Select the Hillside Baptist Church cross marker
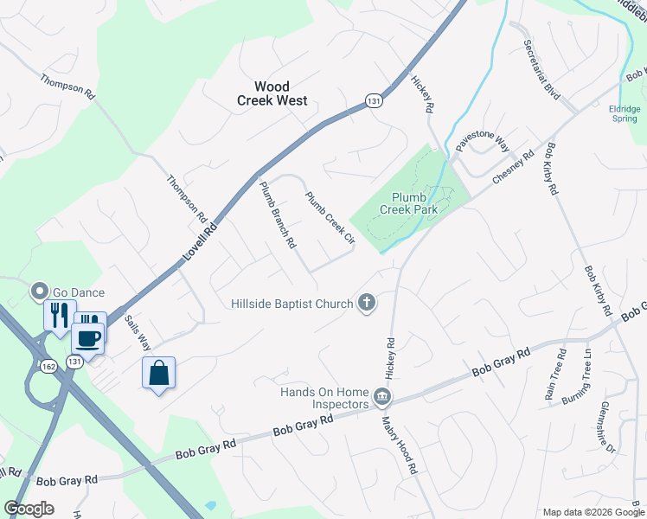[367, 304]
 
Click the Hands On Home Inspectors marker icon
[382, 398]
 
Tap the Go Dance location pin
[39, 292]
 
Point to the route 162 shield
[47, 367]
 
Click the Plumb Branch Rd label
[279, 214]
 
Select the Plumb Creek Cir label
[330, 216]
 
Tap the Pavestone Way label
[483, 137]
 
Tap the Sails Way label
[138, 332]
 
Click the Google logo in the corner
[29, 509]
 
